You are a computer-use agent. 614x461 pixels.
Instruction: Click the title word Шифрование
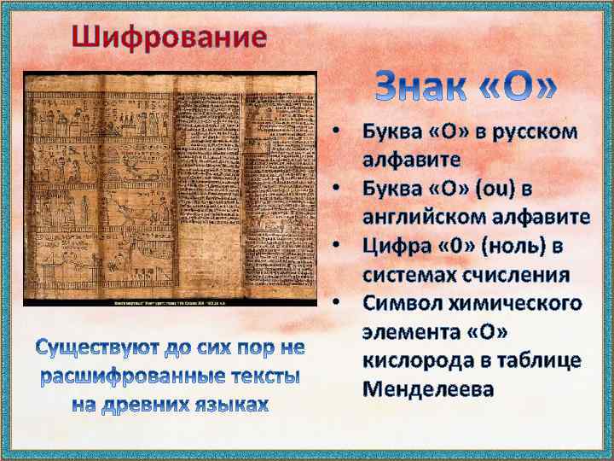point(169,38)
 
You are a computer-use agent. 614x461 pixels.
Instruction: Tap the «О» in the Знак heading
point(523,89)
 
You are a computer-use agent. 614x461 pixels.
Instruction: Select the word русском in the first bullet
point(526,133)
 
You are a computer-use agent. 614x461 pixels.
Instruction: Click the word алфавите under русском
point(412,160)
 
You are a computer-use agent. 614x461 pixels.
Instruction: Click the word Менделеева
point(429,389)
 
